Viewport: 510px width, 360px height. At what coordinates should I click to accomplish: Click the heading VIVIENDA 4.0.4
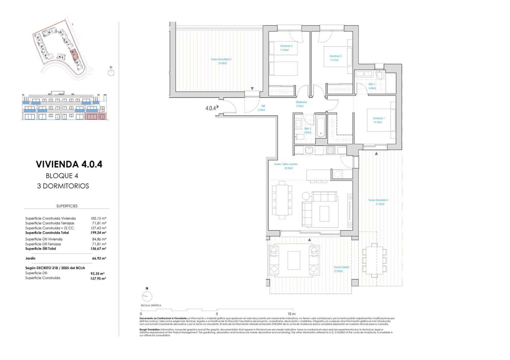69,164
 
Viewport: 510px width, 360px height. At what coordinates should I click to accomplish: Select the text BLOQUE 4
62,176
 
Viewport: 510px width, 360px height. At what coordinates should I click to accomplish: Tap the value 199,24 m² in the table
98,233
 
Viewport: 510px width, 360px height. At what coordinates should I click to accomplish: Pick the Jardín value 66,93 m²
99,258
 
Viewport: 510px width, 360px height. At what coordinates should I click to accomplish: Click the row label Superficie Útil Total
40,249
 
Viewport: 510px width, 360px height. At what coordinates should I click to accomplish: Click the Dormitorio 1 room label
379,120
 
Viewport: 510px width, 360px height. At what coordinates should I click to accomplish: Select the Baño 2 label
307,130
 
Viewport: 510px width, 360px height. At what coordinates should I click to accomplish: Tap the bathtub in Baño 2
321,126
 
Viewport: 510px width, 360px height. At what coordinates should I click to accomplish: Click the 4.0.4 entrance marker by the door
211,108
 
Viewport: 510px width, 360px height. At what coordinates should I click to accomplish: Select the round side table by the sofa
306,195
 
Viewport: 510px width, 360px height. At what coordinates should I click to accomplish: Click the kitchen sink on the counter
309,150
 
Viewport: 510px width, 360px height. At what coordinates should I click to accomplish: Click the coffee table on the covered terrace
294,261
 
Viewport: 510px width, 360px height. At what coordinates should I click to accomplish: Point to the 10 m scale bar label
291,314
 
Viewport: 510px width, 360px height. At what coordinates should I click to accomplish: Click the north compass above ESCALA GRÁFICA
147,297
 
